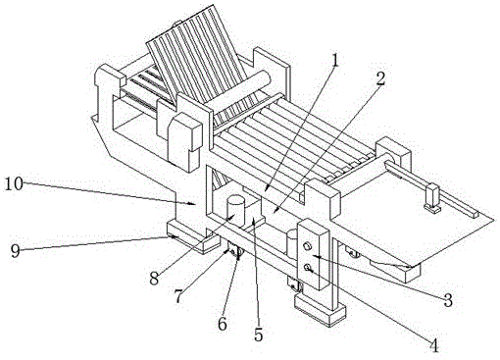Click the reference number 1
pyautogui.click(x=334, y=61)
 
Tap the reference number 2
pyautogui.click(x=380, y=79)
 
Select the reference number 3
pyautogui.click(x=447, y=300)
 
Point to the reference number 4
pyautogui.click(x=434, y=345)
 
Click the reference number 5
pyautogui.click(x=259, y=334)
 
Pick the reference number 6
pyautogui.click(x=223, y=324)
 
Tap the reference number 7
pyautogui.click(x=178, y=296)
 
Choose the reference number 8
pyautogui.click(x=154, y=278)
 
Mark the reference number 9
pyautogui.click(x=16, y=251)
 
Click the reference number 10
pyautogui.click(x=14, y=184)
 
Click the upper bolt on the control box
pyautogui.click(x=307, y=246)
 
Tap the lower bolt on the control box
pyautogui.click(x=307, y=268)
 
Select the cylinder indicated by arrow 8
pyautogui.click(x=236, y=211)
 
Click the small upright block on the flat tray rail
pyautogui.click(x=432, y=197)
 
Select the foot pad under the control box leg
pyautogui.click(x=320, y=308)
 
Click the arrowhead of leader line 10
pyautogui.click(x=193, y=204)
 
